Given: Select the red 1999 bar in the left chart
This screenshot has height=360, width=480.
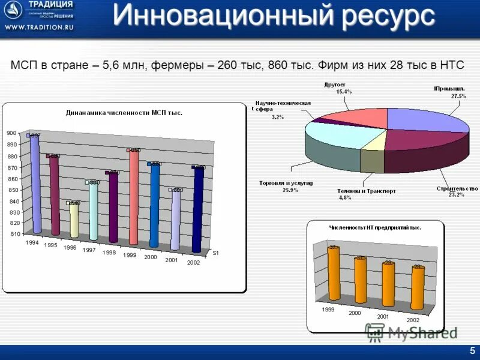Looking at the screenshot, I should pos(133,198).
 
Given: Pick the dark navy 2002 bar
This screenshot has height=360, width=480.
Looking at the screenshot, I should pos(197,210).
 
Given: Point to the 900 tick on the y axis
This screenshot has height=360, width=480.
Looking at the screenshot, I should pos(12,133).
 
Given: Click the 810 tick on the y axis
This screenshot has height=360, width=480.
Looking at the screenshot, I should pos(14,233).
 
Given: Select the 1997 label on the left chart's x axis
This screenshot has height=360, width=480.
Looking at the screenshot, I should pos(89,250).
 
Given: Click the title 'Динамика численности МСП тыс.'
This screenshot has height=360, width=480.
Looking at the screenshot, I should pos(124,112).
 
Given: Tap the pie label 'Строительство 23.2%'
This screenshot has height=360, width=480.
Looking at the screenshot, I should pos(457,191).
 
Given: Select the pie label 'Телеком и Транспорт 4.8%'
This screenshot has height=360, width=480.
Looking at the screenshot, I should pos(366,194).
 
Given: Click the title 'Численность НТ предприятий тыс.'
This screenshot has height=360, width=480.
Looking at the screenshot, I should pos(375,227).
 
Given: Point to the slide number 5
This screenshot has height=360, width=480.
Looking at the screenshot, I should pos(472,351).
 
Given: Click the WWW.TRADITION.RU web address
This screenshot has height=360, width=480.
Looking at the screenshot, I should pos(37,28).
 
